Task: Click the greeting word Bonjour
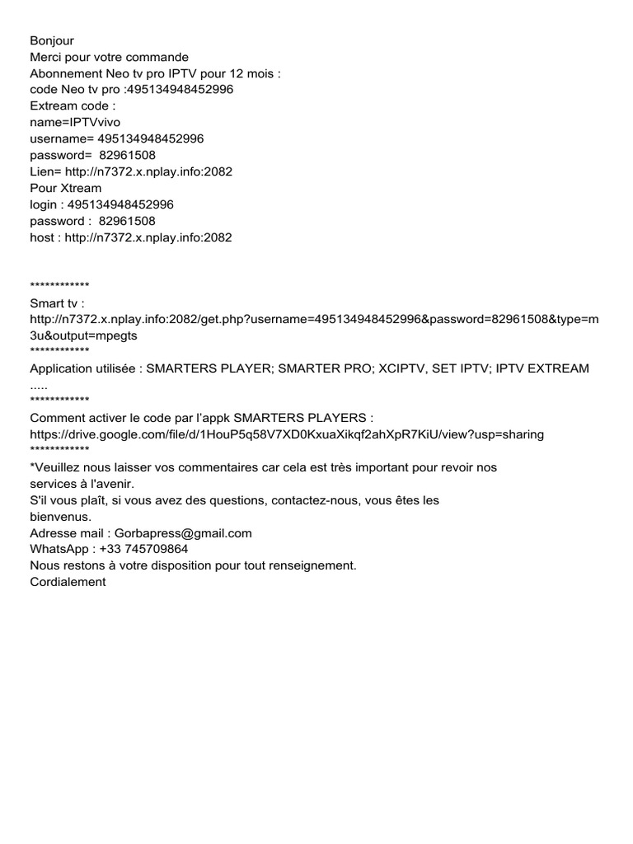coord(52,40)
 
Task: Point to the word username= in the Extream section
coord(62,138)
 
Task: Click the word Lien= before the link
coord(46,171)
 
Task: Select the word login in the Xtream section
coord(45,204)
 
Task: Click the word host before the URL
coord(43,237)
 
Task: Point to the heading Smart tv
coord(58,302)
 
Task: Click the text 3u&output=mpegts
coord(84,335)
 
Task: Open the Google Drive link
coord(287,434)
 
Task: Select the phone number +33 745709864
coord(143,549)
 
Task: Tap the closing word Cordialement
coord(68,582)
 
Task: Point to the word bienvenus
coord(60,517)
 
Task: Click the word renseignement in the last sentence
coord(305,565)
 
